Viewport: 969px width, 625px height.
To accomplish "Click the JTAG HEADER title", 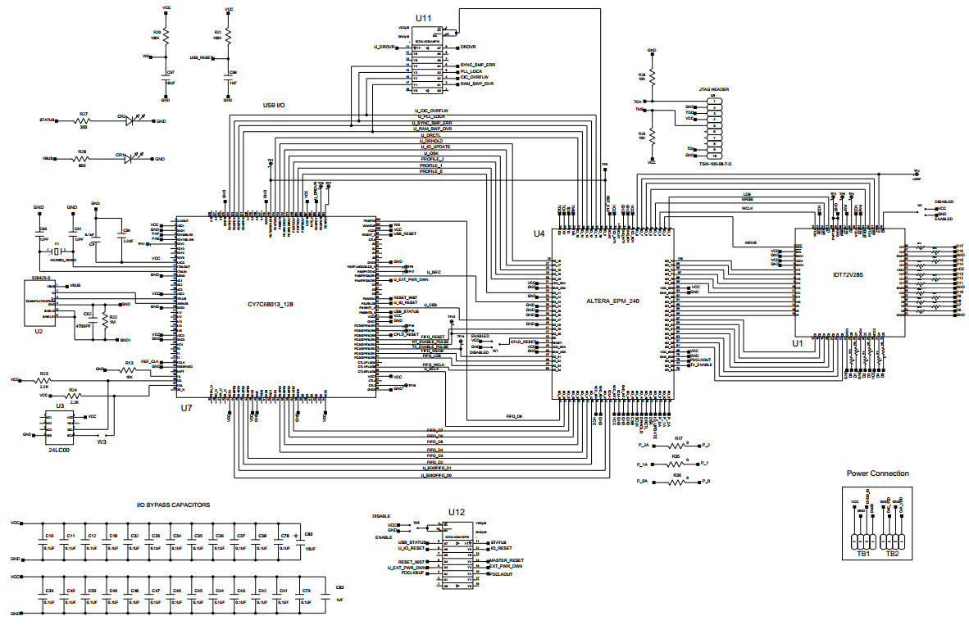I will tap(713, 89).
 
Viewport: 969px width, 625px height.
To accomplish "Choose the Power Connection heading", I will tap(877, 473).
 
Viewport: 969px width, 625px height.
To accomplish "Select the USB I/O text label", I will tap(274, 106).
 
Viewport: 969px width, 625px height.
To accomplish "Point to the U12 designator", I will tap(456, 513).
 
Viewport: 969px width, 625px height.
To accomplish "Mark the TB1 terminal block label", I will tap(862, 554).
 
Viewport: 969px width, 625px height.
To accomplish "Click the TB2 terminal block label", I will tap(892, 554).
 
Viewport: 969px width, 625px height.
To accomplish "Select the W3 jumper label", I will tap(102, 442).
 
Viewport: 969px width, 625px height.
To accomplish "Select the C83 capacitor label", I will tap(339, 589).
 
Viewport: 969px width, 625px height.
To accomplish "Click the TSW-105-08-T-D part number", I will tap(714, 164).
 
